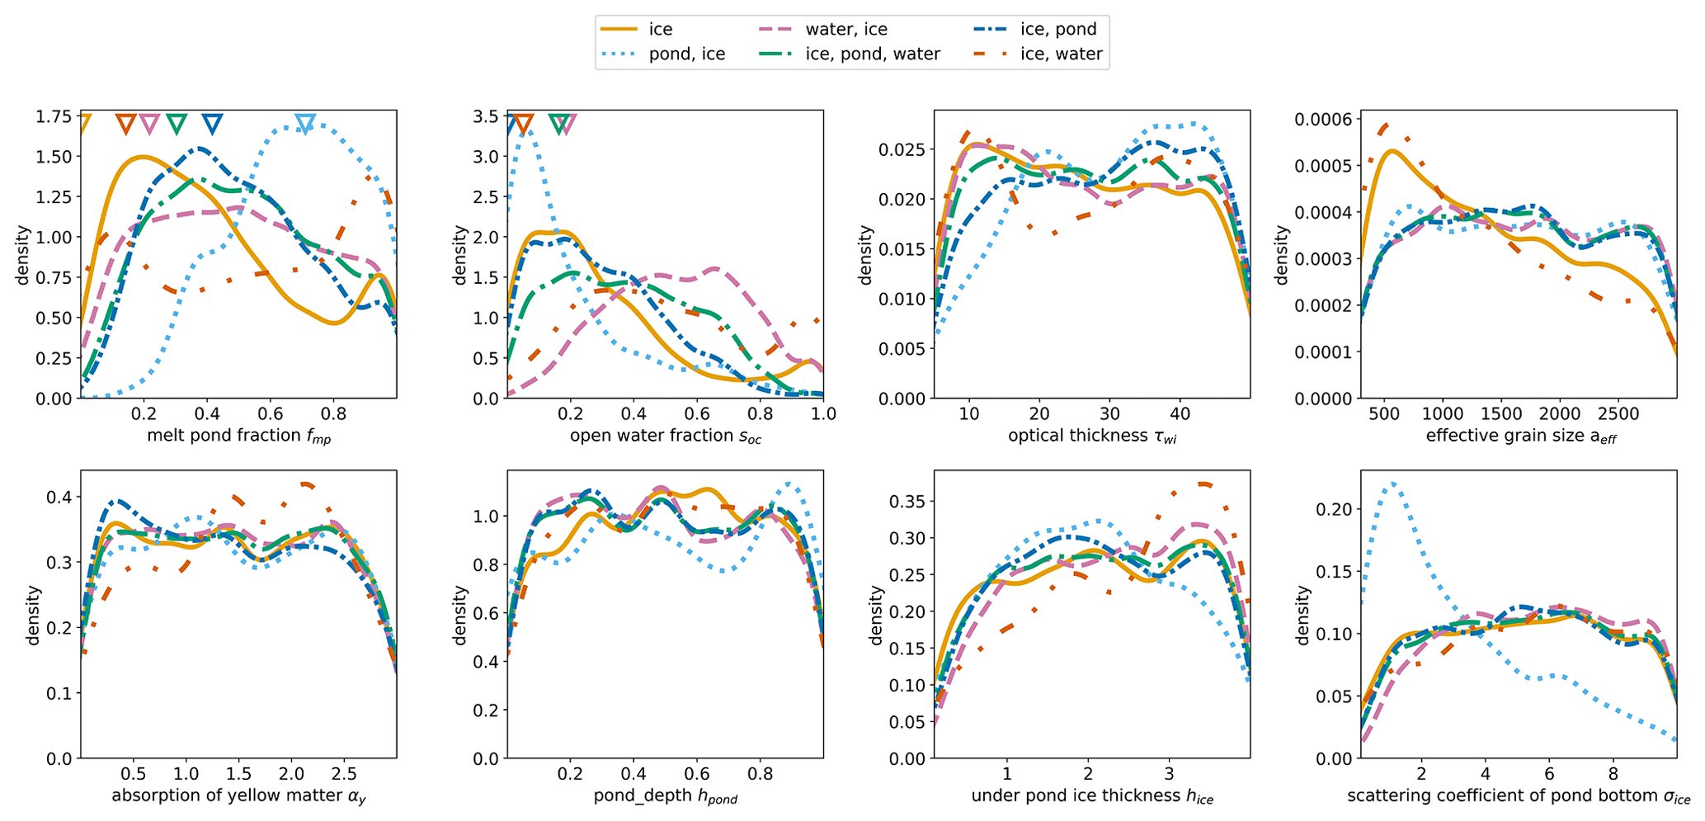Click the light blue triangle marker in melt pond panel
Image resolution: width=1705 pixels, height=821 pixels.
[x=305, y=125]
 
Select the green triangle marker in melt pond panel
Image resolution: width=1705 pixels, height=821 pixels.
[x=177, y=125]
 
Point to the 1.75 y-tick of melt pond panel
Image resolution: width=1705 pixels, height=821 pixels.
[x=53, y=116]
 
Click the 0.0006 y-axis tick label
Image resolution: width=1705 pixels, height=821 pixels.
[x=1322, y=120]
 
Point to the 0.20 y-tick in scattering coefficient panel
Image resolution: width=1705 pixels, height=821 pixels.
[x=1332, y=509]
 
